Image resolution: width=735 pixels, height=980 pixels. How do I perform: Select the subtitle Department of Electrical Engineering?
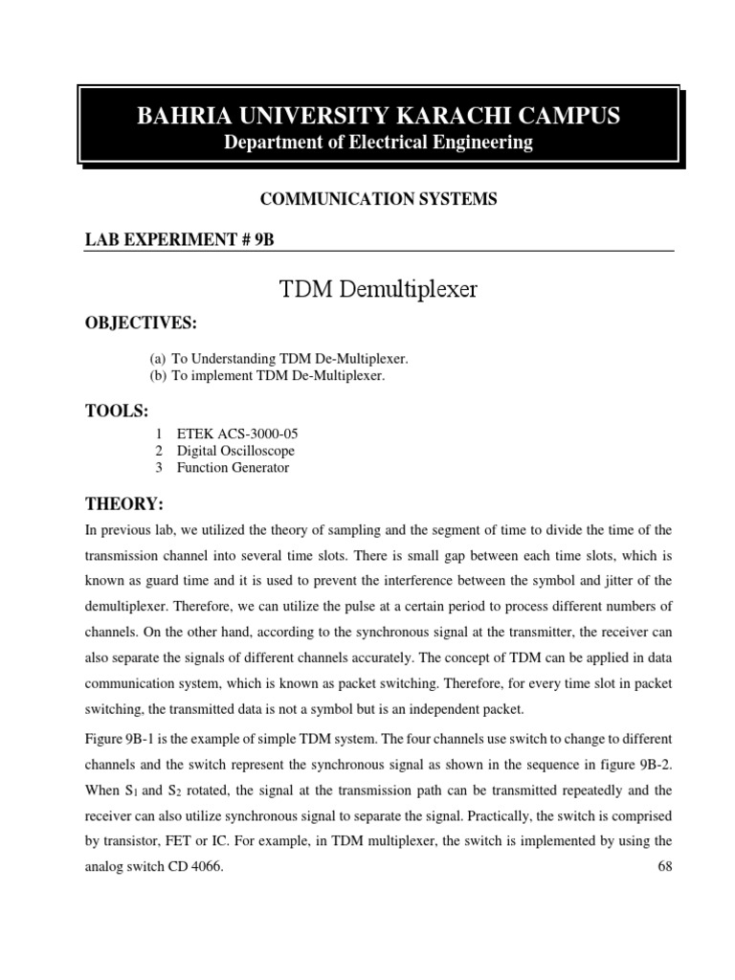pyautogui.click(x=378, y=143)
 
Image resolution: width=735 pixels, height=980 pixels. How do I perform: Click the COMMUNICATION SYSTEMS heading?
pyautogui.click(x=379, y=199)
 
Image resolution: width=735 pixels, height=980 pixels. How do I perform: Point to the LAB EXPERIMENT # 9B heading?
pyautogui.click(x=180, y=240)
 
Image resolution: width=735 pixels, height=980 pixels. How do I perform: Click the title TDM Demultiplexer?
pyautogui.click(x=378, y=289)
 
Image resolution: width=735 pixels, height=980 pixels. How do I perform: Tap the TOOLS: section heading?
pyautogui.click(x=118, y=412)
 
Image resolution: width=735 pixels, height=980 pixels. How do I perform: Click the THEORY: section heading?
pyautogui.click(x=125, y=503)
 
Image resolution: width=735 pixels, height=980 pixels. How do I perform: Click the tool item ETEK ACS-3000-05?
pyautogui.click(x=237, y=434)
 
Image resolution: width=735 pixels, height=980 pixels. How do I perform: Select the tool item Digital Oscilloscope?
pyautogui.click(x=235, y=451)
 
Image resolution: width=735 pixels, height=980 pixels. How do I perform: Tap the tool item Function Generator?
pyautogui.click(x=233, y=468)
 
